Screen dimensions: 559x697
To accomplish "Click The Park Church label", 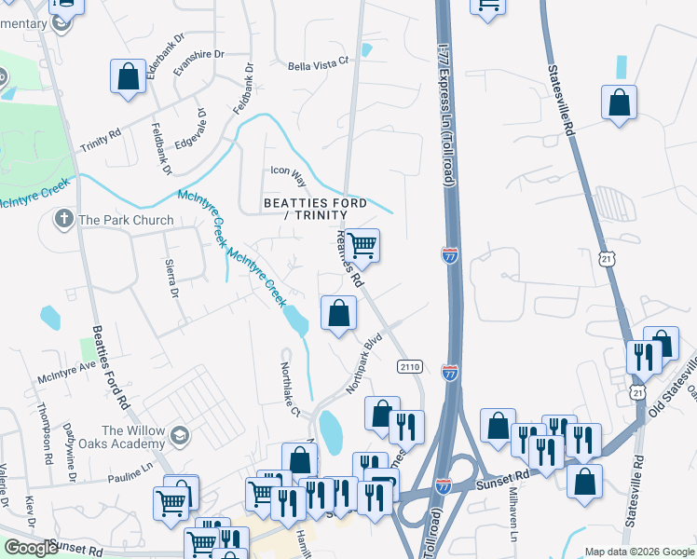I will point(126,221).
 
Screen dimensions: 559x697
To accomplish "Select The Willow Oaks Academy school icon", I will point(179,435).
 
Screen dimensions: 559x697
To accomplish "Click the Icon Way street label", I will point(288,171).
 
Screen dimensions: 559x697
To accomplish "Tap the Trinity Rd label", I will point(101,140).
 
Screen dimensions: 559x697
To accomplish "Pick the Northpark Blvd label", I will point(364,358).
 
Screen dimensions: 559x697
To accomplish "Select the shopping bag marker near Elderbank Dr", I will point(128,77).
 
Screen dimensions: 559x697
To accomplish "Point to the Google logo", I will point(31,548).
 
